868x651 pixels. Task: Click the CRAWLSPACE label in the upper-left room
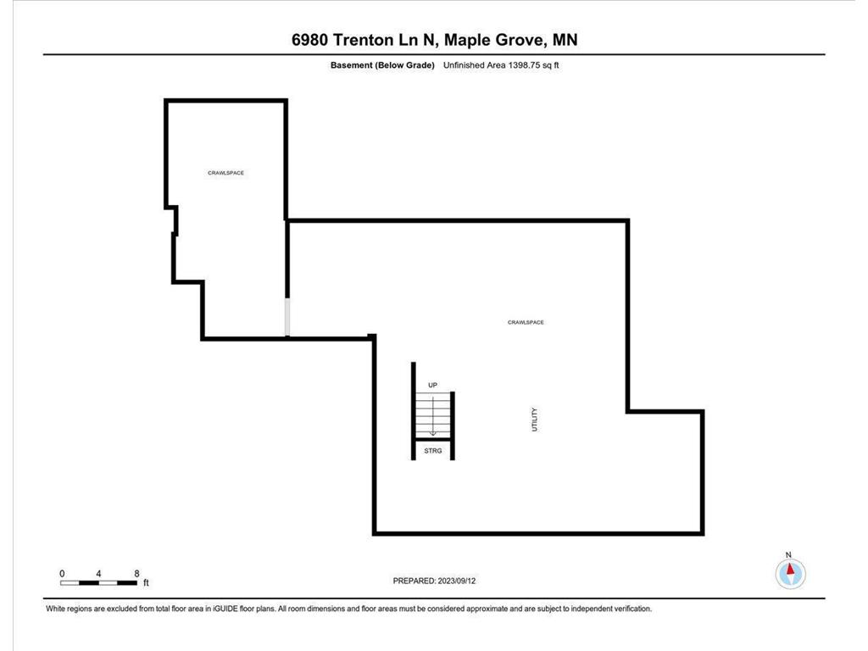[226, 173]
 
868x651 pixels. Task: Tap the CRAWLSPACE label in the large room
[526, 322]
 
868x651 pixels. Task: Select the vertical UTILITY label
[534, 420]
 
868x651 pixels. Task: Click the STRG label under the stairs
[433, 451]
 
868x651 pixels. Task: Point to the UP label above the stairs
[432, 386]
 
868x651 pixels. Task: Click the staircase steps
[433, 415]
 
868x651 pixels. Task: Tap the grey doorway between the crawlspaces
[287, 317]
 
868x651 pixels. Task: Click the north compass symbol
[790, 575]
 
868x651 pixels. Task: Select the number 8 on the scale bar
[137, 574]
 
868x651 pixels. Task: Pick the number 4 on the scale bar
[99, 574]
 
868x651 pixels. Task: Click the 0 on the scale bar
[62, 574]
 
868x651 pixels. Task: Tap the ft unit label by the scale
[146, 583]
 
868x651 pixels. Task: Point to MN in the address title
[565, 40]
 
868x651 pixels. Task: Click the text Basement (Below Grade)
[382, 65]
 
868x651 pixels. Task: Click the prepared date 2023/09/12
[464, 581]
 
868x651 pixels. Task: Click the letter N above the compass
[789, 554]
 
